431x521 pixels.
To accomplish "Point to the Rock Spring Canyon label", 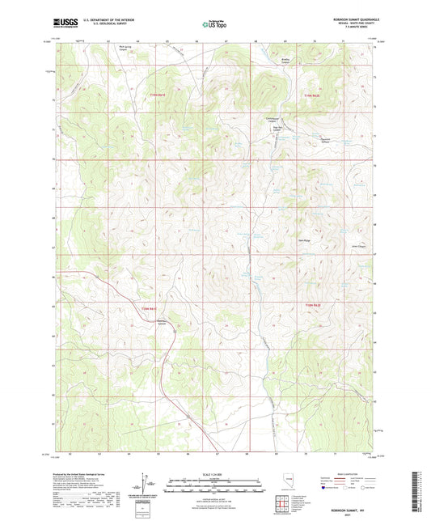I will [x=128, y=48].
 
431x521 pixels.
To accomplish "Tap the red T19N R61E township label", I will [x=158, y=95].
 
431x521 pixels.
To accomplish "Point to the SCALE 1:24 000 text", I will [x=214, y=474].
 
